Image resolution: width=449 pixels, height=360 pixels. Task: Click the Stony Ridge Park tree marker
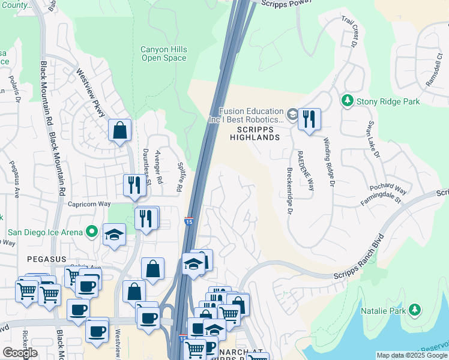[x=347, y=101]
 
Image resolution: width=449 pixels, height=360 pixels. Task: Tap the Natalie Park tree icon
[x=414, y=310]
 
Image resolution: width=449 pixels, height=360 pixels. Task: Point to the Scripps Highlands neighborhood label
[x=255, y=133]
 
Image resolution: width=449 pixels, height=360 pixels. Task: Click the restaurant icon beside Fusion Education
[x=309, y=119]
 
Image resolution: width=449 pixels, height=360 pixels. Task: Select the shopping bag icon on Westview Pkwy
[x=119, y=130]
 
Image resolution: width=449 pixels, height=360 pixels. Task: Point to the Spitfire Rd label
[x=179, y=179]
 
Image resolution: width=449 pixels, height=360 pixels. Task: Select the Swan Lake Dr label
[x=373, y=143]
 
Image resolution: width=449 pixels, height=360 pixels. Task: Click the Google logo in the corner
[x=20, y=352]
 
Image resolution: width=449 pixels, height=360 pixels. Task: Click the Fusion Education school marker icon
[x=292, y=114]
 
